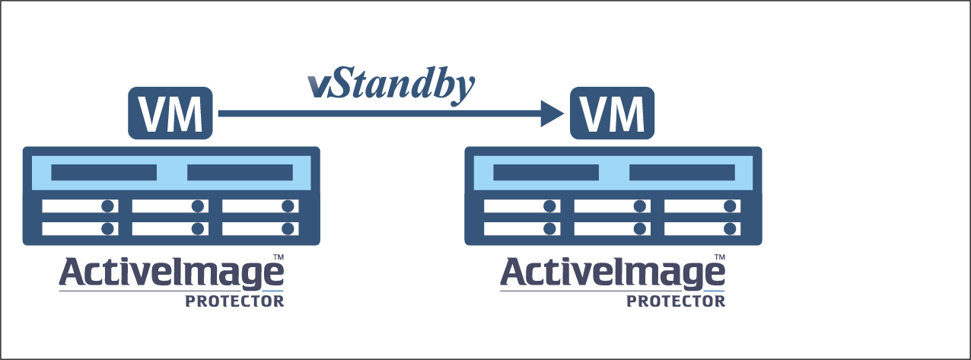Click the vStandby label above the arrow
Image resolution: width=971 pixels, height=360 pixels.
click(391, 85)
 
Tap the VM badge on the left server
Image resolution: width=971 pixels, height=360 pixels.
click(170, 114)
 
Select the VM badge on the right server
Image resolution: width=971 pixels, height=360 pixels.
click(613, 114)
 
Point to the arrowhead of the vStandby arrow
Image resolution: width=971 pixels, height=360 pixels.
click(551, 114)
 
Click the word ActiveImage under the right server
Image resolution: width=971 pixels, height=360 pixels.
click(612, 274)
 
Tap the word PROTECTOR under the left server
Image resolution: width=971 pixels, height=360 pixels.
click(234, 301)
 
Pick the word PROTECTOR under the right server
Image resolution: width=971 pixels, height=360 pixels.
click(676, 301)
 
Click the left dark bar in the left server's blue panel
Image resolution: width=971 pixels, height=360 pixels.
click(103, 173)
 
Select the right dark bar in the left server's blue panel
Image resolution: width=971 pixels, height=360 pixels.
click(240, 173)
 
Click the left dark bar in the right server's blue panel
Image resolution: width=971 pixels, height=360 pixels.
click(546, 173)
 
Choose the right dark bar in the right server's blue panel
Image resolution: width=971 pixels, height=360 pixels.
click(682, 173)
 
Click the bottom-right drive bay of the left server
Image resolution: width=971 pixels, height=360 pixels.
click(259, 228)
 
